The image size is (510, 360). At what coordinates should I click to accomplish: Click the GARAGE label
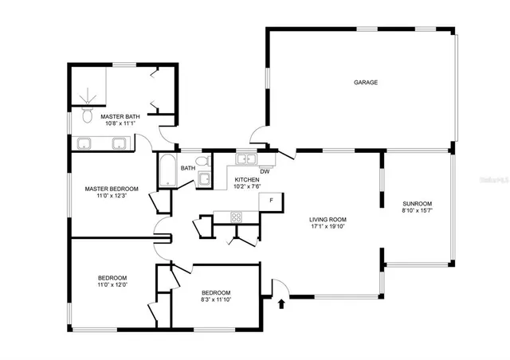pyautogui.click(x=366, y=82)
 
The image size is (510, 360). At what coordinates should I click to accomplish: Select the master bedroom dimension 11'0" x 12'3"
pyautogui.click(x=112, y=197)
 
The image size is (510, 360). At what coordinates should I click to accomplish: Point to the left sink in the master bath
pyautogui.click(x=84, y=143)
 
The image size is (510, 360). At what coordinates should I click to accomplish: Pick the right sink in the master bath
pyautogui.click(x=119, y=143)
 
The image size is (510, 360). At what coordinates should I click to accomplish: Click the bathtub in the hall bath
pyautogui.click(x=167, y=171)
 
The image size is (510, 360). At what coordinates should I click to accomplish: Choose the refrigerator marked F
pyautogui.click(x=273, y=200)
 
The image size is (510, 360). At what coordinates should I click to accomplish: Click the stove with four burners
pyautogui.click(x=237, y=217)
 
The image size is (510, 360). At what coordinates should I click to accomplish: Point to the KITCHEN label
pyautogui.click(x=247, y=180)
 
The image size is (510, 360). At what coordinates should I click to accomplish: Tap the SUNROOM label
pyautogui.click(x=418, y=204)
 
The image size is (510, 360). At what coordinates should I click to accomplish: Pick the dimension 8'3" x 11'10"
pyautogui.click(x=215, y=300)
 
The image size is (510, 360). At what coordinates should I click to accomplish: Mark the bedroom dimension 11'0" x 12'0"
pyautogui.click(x=112, y=285)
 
